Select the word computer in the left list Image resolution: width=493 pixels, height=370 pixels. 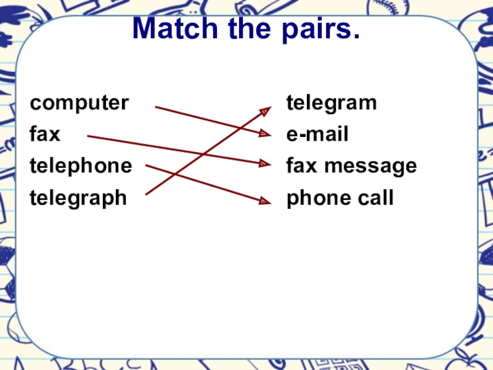(x=80, y=102)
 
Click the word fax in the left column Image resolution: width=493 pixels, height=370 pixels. (x=46, y=134)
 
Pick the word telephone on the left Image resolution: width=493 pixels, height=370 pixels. (x=81, y=166)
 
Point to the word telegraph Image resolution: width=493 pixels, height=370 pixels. (x=79, y=198)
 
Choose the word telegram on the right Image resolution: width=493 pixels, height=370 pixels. (x=332, y=102)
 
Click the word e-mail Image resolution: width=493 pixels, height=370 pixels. (x=317, y=134)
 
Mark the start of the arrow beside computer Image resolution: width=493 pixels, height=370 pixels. (x=156, y=107)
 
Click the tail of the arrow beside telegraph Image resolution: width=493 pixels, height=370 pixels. (x=147, y=194)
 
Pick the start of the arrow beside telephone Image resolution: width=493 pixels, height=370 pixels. (x=147, y=165)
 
